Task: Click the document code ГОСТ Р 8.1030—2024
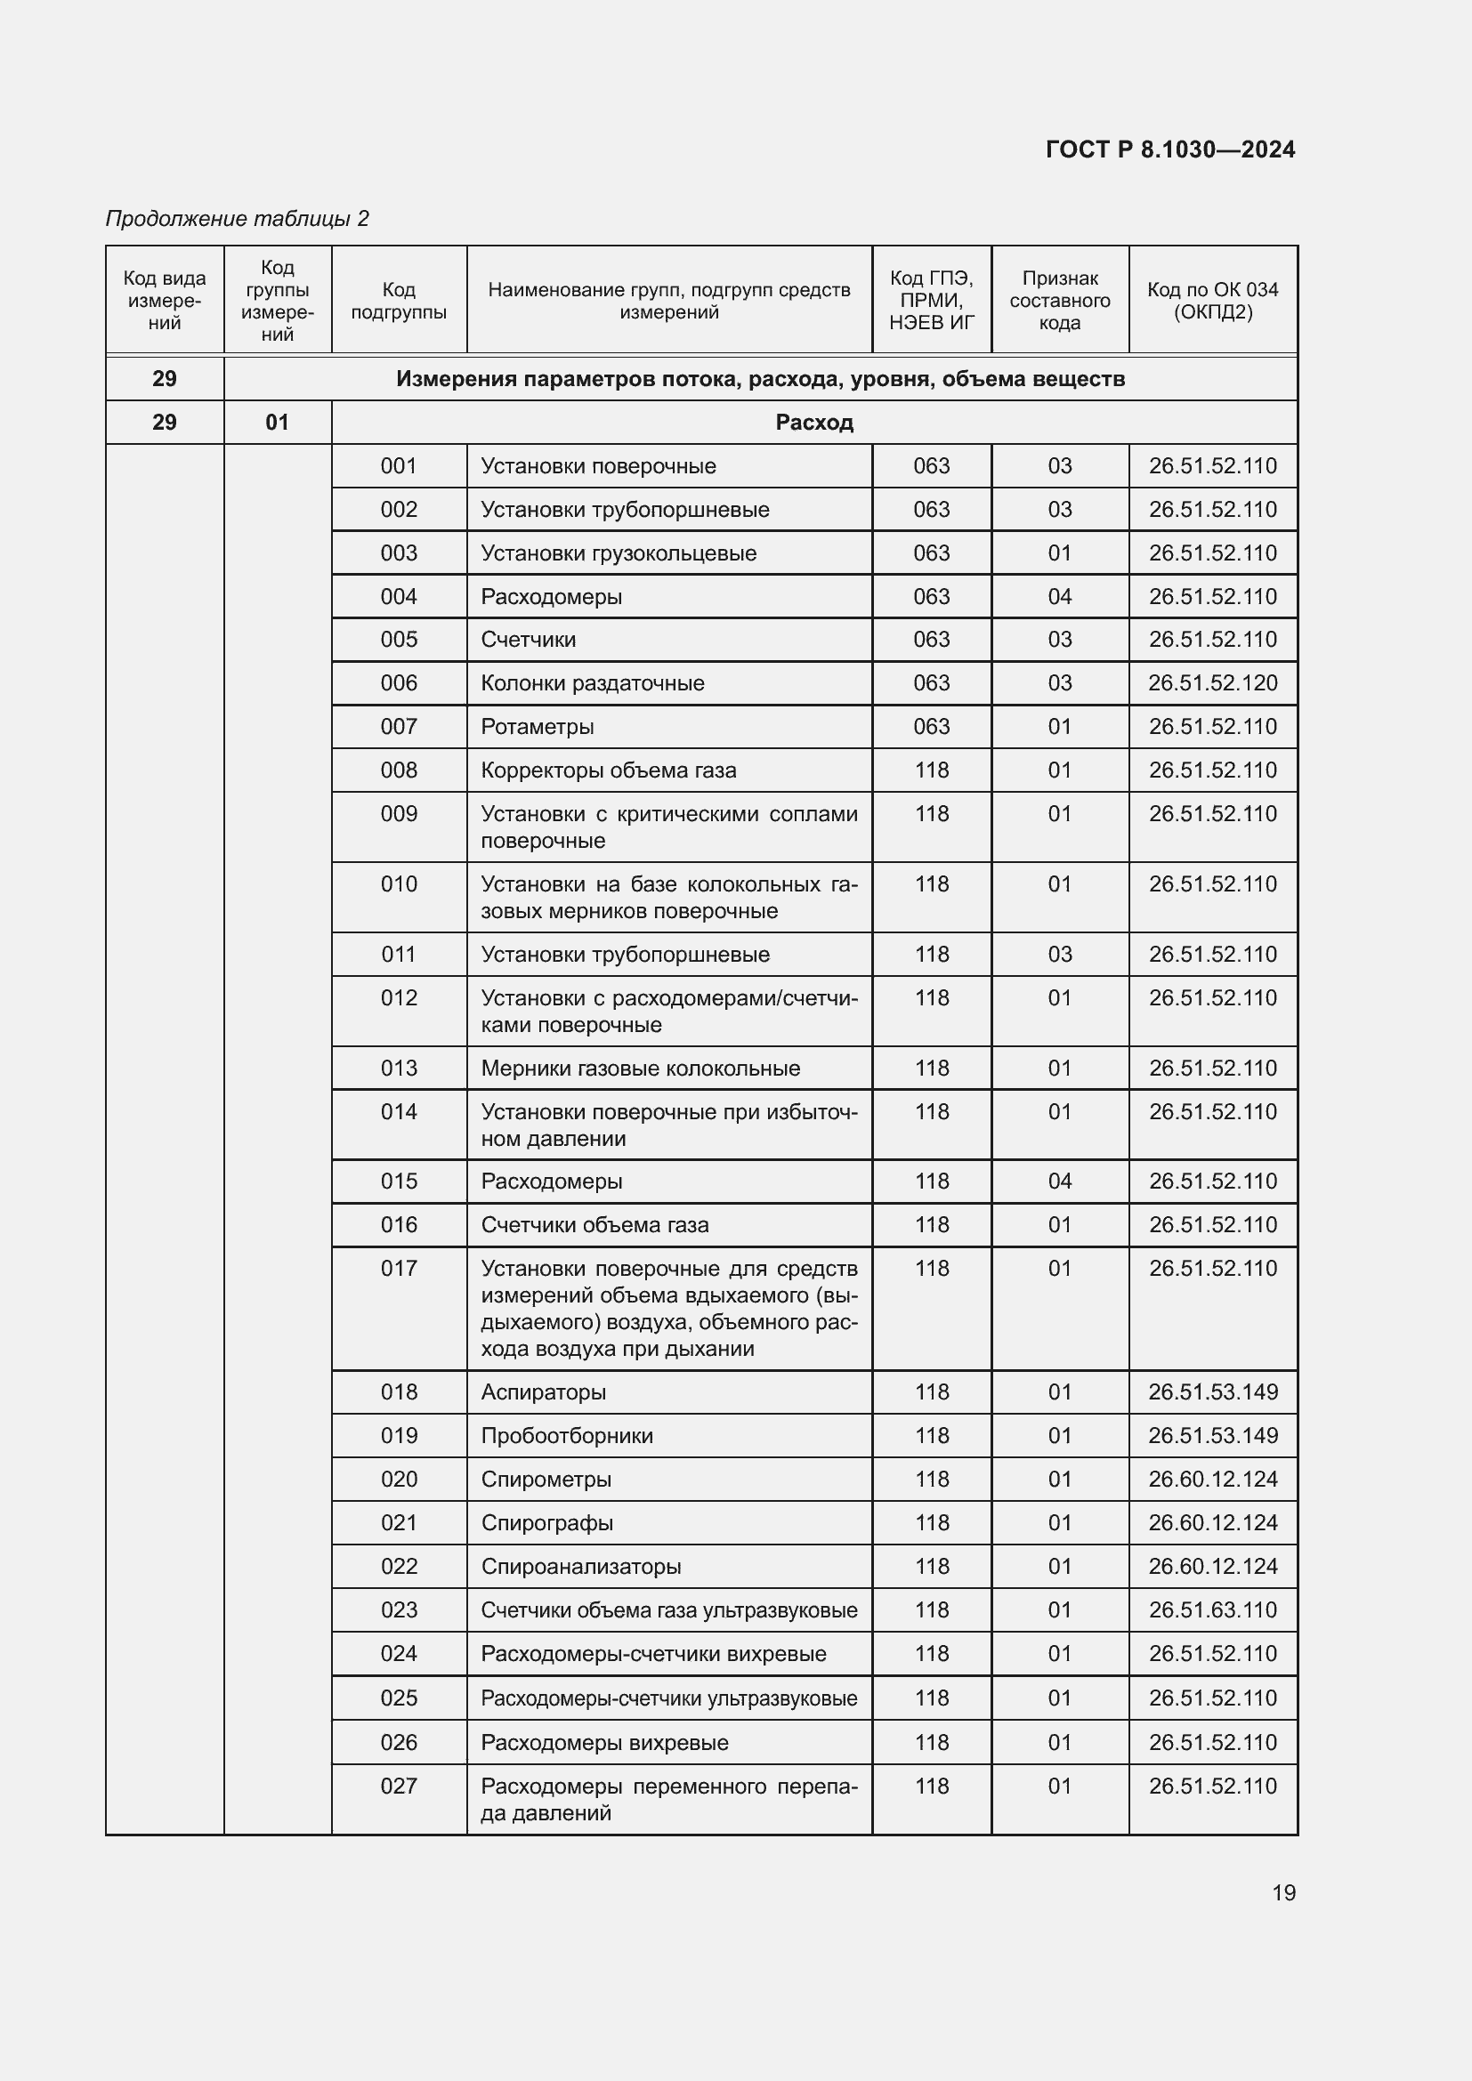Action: tap(1170, 149)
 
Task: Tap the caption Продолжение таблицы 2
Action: tap(238, 219)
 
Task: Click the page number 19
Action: tap(1283, 1892)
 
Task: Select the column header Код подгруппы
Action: tap(399, 301)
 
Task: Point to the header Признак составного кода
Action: tap(1060, 301)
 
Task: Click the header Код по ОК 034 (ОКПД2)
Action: tap(1212, 301)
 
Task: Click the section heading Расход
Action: tap(814, 423)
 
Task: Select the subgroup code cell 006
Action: tap(399, 683)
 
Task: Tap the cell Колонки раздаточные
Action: tap(592, 683)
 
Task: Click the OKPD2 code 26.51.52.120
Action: tap(1212, 683)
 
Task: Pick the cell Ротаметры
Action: tap(538, 727)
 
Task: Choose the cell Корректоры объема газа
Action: tap(608, 770)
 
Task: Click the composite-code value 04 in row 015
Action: tap(1060, 1181)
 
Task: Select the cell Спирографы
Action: tap(546, 1522)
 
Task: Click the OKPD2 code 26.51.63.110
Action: tap(1212, 1609)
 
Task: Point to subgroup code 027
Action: tap(399, 1787)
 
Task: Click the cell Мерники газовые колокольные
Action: tap(640, 1069)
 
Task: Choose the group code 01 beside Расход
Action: tap(278, 423)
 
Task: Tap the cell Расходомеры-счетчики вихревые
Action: tap(652, 1654)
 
